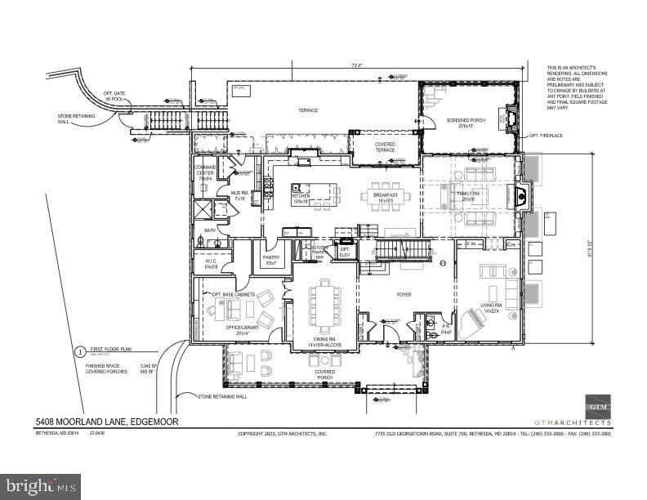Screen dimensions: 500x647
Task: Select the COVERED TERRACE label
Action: click(385, 147)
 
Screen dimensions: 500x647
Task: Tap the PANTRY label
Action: click(271, 259)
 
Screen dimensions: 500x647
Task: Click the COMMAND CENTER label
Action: click(205, 172)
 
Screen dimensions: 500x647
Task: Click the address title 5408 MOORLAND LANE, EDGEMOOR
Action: click(105, 422)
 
